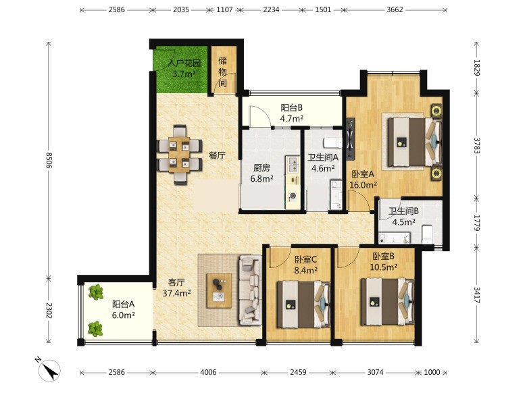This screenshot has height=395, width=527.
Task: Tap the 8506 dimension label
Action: pos(49,161)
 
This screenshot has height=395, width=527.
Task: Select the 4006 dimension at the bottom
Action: pos(208,372)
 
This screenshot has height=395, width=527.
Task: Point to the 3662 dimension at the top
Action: pos(395,9)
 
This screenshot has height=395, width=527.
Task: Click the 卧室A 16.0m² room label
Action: pos(363,180)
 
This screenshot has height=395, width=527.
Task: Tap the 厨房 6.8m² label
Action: pos(261,173)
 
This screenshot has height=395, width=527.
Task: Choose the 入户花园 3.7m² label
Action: pos(184,68)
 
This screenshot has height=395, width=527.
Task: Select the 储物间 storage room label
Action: pos(223,72)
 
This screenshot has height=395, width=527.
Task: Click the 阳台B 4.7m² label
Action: pos(292,113)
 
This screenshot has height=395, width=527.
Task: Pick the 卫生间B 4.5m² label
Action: pos(403,217)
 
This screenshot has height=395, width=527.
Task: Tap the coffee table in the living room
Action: pos(219,290)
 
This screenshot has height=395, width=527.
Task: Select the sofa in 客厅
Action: pos(250,290)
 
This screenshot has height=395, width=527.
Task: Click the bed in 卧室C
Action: pos(303,305)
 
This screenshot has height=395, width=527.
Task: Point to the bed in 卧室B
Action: pos(387,301)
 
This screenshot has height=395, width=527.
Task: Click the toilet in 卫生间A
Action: pos(332,142)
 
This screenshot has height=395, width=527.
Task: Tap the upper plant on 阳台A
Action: pos(96,292)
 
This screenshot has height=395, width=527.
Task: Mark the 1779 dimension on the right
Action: pos(476,223)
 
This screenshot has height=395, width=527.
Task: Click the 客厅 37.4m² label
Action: pos(177,288)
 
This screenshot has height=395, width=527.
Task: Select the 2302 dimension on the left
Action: pos(49,311)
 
